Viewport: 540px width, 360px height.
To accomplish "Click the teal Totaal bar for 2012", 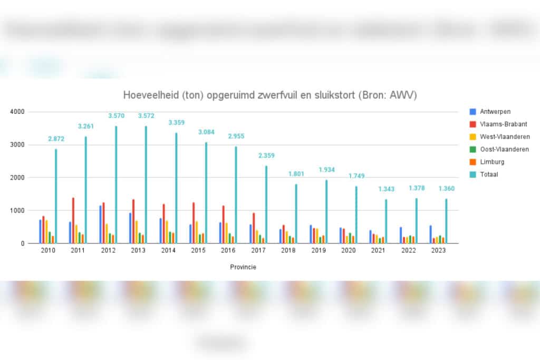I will tap(116, 184).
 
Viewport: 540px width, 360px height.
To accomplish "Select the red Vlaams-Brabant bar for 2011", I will tap(73, 220).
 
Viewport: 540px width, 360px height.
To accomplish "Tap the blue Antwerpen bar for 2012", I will tap(100, 225).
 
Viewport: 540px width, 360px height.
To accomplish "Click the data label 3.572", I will tap(146, 116).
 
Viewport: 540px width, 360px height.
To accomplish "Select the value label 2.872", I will tap(56, 139).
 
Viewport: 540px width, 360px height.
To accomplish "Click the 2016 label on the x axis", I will tap(228, 251).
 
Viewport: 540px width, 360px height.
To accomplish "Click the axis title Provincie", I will tap(243, 267).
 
